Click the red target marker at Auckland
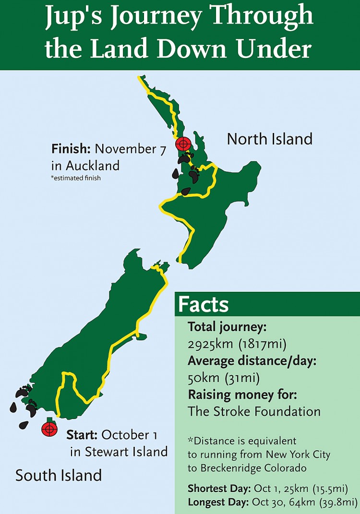[183, 143]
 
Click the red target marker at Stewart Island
[48, 429]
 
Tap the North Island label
[269, 139]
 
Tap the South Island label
[59, 475]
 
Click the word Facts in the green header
[204, 305]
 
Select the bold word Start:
[82, 435]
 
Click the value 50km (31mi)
[224, 378]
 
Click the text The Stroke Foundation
[254, 411]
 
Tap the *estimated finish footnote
[76, 179]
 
